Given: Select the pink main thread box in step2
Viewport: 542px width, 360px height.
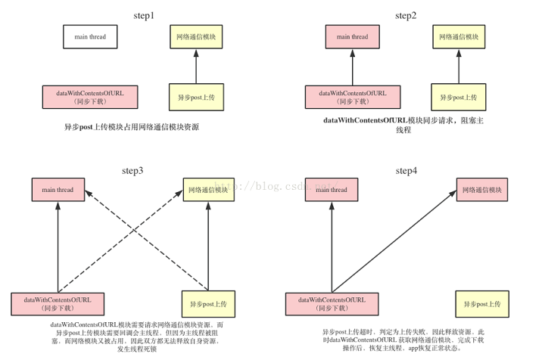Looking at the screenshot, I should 352,36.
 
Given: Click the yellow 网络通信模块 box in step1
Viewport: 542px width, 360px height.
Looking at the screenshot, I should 195,36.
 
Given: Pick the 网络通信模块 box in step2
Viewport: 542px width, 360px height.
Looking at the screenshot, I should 458,36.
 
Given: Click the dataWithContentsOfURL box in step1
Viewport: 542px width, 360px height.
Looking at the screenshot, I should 89,97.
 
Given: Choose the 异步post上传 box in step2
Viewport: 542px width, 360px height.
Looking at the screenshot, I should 458,97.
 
